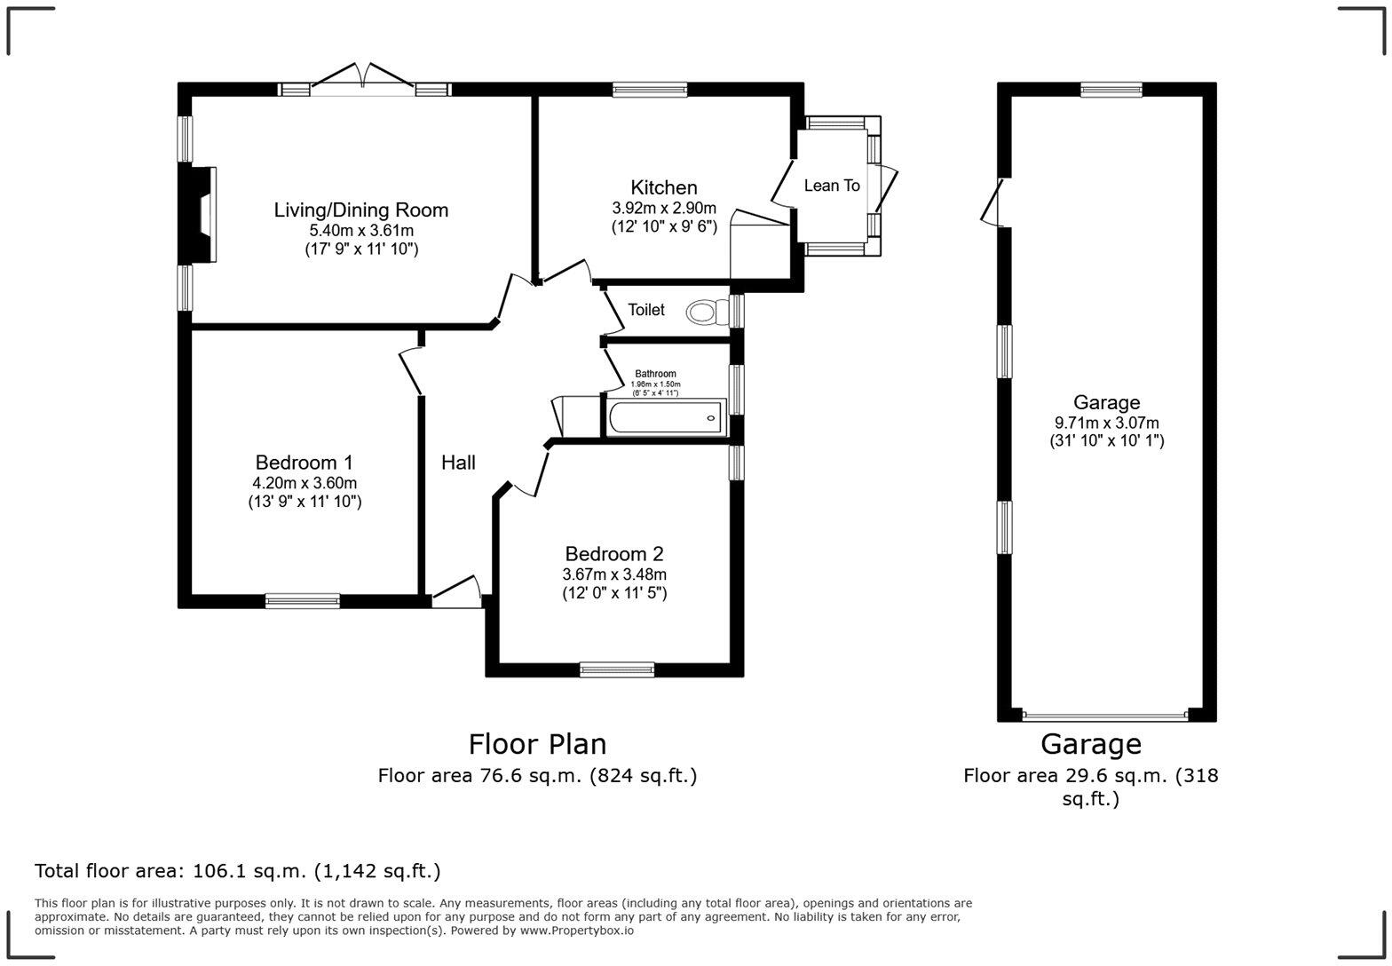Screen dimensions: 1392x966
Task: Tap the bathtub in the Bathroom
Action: (666, 417)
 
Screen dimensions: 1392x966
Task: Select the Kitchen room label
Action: (664, 187)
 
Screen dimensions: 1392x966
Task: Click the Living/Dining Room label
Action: (361, 210)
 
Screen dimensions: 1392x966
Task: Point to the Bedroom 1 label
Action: (304, 463)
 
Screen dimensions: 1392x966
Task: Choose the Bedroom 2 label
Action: (614, 553)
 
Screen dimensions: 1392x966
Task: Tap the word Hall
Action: (459, 463)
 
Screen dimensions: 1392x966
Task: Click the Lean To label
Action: (832, 186)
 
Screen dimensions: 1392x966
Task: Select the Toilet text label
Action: (646, 310)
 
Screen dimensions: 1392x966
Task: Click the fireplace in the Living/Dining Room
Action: (198, 215)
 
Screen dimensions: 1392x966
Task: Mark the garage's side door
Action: (993, 203)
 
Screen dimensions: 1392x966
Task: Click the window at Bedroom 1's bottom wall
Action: (303, 600)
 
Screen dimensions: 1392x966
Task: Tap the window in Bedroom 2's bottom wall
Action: (617, 669)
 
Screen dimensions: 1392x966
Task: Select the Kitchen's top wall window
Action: (650, 91)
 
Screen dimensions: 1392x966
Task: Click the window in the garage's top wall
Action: (1111, 91)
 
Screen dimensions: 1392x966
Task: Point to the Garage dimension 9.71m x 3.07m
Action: (1107, 424)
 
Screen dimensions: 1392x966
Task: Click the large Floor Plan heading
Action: (538, 744)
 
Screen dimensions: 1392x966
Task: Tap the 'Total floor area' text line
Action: (237, 871)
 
